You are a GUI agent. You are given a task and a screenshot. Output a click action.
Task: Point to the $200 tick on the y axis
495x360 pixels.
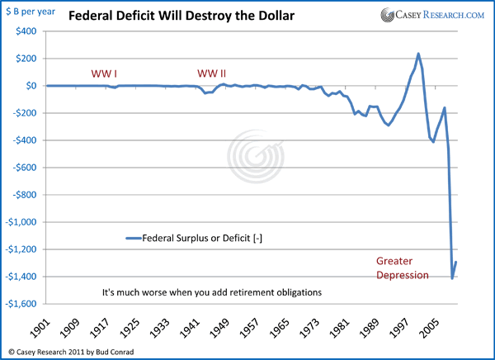(26, 58)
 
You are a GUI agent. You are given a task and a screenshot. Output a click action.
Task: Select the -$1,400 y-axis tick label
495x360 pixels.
(23, 276)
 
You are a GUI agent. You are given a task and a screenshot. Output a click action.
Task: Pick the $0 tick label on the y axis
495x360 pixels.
(31, 85)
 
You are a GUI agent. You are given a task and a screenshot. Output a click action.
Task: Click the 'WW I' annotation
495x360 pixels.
(104, 73)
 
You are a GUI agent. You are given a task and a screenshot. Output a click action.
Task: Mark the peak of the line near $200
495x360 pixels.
(418, 54)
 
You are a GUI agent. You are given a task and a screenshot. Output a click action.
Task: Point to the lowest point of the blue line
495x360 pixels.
(452, 278)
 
